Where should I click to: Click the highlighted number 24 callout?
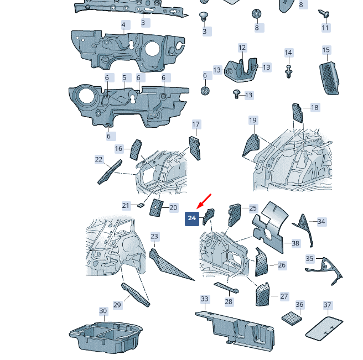coord(192,218)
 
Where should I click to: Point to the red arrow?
coord(204,201)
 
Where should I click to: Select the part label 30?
coord(103,311)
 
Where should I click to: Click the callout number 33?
coord(204,299)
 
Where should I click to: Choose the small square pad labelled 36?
coord(292,318)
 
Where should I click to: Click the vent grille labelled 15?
coord(329,78)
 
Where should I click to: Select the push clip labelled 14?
coord(288,72)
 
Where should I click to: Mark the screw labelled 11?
coord(324,14)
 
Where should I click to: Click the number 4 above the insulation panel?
coord(123,25)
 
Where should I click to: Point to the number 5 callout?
coord(125,78)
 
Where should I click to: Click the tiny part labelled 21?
coord(141,205)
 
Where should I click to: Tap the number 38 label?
coord(295,243)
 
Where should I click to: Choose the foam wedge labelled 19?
coord(251,145)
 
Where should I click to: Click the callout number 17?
coord(196,124)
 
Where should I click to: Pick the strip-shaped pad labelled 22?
coord(110,172)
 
